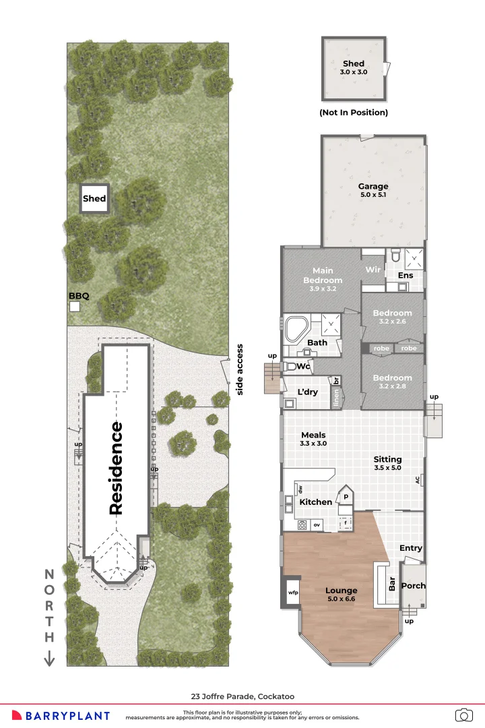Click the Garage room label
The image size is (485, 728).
point(373,190)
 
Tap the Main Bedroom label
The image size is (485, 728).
point(323,276)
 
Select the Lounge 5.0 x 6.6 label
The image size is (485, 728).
point(342,595)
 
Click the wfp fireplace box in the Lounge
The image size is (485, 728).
point(293,593)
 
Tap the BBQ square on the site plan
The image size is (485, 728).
point(75,307)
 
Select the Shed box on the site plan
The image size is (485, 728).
point(94,199)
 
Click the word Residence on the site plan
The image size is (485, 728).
point(116,468)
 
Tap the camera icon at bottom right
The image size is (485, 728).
point(463,715)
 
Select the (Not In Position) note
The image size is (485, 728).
point(354,113)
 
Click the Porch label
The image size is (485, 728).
point(413,586)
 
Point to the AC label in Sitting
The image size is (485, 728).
point(418,480)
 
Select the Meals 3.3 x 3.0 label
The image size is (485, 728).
point(313,439)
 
